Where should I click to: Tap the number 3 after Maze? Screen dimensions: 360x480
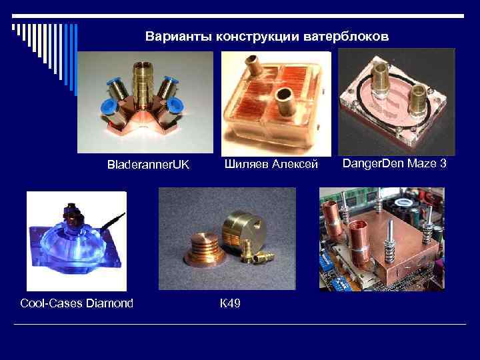pyautogui.click(x=442, y=162)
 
